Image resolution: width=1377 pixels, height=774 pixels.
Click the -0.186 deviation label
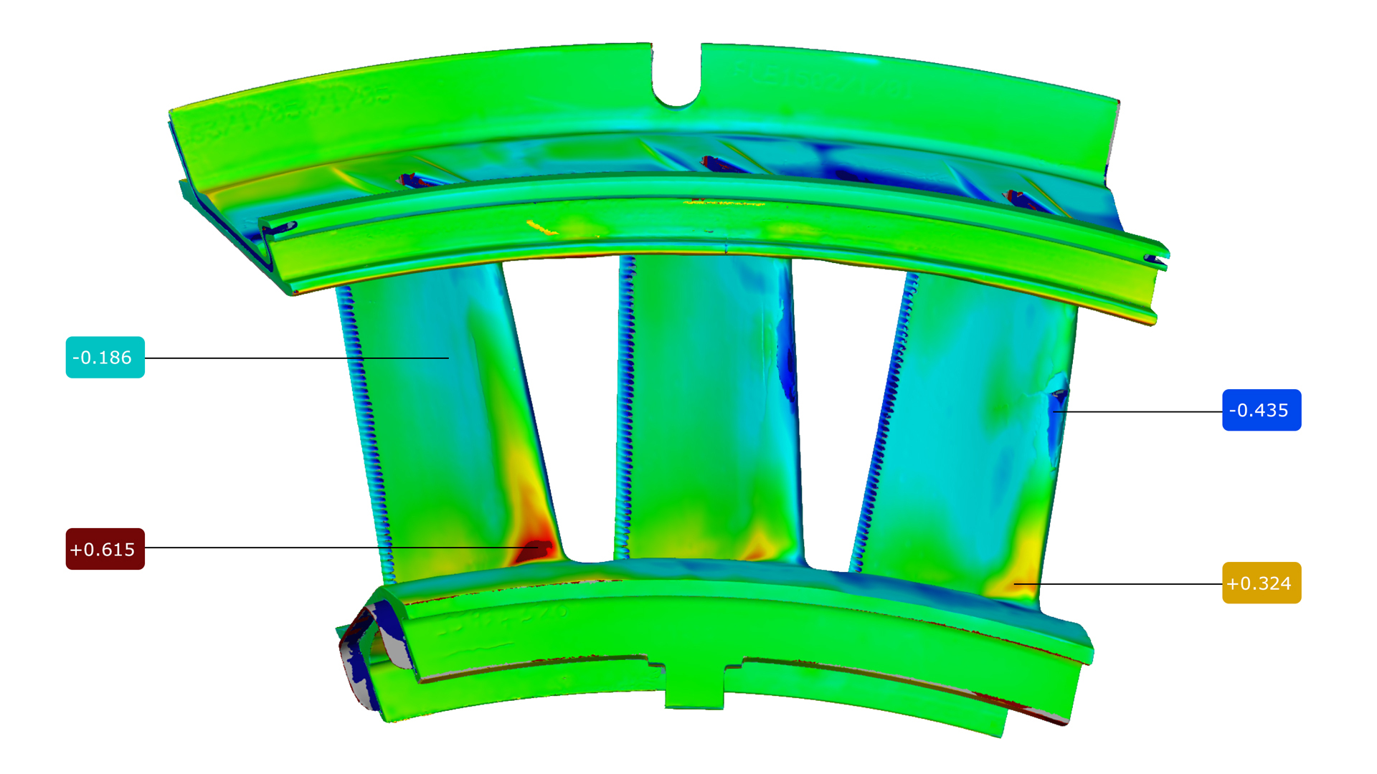(x=105, y=358)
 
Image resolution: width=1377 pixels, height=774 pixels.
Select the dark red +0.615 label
(x=105, y=549)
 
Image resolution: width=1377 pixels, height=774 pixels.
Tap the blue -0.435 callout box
(x=1262, y=410)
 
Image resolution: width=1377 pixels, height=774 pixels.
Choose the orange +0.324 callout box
(x=1262, y=583)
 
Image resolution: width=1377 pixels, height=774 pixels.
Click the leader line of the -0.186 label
(x=297, y=358)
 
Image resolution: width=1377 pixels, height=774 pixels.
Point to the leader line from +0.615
(x=341, y=548)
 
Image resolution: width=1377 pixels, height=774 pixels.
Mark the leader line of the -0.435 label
(x=1138, y=411)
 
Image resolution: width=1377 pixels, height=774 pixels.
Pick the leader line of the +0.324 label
(x=1118, y=584)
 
